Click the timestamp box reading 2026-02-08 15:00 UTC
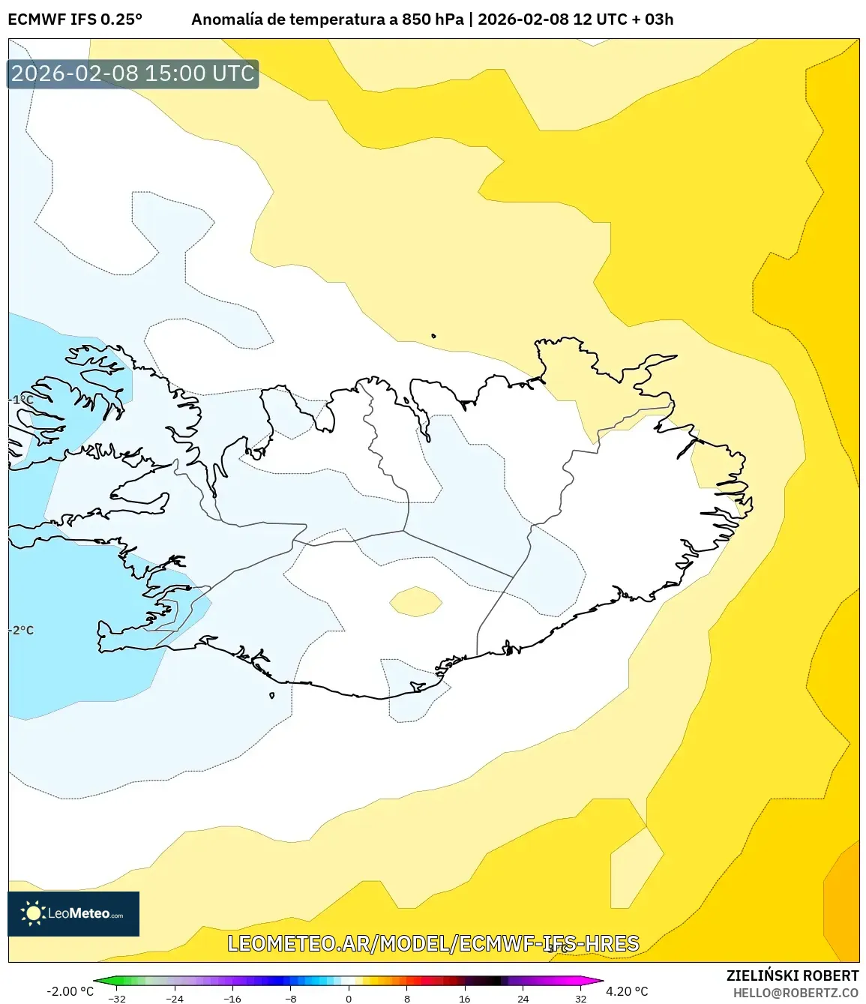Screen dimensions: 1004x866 [133, 73]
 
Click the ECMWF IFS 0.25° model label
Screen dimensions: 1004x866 [75, 19]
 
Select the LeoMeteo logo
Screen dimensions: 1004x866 [73, 913]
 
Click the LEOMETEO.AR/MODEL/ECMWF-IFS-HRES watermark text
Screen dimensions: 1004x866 [433, 943]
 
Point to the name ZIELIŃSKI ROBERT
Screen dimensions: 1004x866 [792, 976]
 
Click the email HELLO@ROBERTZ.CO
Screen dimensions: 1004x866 [796, 993]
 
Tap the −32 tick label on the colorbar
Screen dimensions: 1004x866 [116, 999]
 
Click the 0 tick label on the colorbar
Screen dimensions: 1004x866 [349, 999]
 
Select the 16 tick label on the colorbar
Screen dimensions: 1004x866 [465, 999]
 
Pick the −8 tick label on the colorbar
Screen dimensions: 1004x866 [291, 999]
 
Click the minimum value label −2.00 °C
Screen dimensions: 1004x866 [70, 991]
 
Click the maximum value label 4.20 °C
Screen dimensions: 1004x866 [627, 991]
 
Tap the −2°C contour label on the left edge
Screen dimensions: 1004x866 [22, 630]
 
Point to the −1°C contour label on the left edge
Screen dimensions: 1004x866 [22, 400]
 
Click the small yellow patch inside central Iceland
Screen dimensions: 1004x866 [415, 601]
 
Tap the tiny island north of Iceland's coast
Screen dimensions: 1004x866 [433, 336]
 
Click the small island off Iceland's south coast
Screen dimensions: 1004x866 [271, 695]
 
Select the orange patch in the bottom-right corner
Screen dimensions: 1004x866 [844, 904]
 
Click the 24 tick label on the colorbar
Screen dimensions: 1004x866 [523, 999]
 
